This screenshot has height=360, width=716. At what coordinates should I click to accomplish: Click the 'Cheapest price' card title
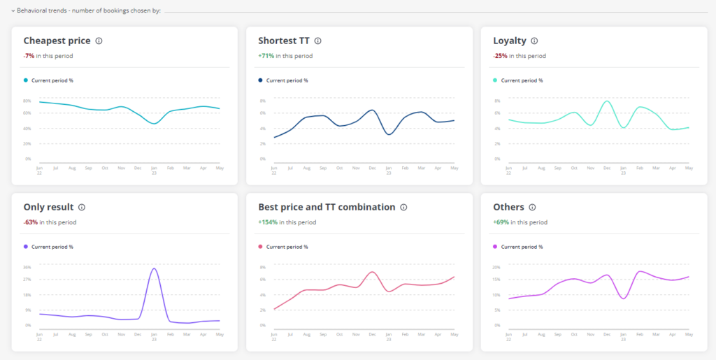[57, 41]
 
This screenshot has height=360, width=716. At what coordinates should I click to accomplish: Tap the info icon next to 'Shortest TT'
[317, 41]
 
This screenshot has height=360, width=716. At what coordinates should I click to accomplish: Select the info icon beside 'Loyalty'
[534, 41]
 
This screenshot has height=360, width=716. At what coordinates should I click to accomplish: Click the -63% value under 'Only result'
[31, 222]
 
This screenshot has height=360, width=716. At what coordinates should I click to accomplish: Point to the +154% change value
[268, 222]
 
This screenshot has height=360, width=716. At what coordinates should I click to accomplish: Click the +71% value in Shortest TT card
[266, 56]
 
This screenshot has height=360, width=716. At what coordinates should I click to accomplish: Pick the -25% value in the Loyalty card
[501, 56]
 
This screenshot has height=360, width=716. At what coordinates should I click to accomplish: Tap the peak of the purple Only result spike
[154, 268]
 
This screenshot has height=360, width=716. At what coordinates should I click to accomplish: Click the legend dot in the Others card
[496, 247]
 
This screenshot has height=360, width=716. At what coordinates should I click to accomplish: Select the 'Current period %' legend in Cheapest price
[52, 80]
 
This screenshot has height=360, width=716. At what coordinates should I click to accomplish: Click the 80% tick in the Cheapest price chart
[27, 99]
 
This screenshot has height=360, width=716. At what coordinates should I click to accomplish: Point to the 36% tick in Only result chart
[27, 267]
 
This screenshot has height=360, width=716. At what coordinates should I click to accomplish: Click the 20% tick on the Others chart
[496, 267]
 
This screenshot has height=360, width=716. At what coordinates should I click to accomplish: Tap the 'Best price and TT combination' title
[327, 208]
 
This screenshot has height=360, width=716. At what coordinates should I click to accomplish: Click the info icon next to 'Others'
[532, 208]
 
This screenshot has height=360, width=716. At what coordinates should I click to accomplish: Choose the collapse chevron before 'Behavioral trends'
[13, 10]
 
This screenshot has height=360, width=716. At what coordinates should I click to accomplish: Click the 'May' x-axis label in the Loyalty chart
[689, 168]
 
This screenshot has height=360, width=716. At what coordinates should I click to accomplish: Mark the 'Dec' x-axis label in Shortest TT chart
[372, 168]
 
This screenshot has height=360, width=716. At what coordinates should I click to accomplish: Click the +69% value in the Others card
[501, 222]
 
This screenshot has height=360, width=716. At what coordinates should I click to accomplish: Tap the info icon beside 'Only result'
[82, 208]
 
